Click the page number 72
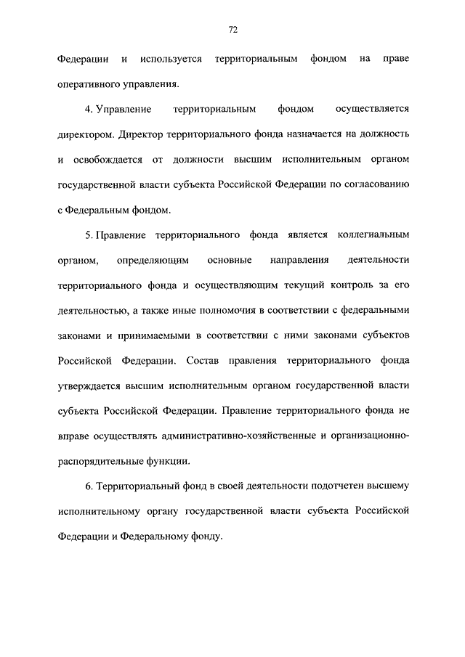pos(232,30)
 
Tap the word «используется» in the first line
pos(172,57)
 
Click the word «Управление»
pos(123,109)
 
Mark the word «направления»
pos(299,260)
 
